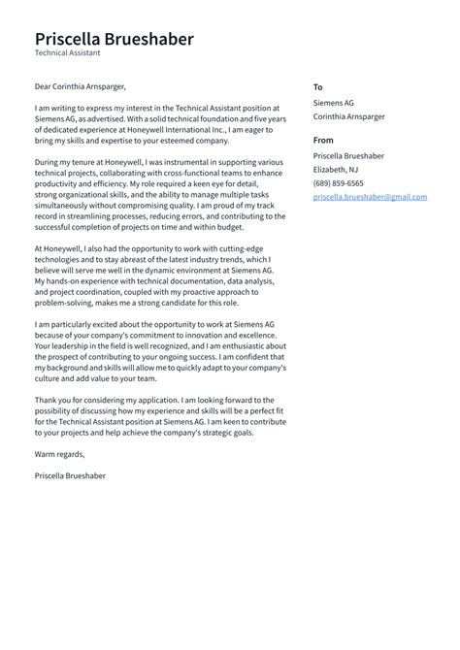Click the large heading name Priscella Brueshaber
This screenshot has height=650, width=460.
click(114, 39)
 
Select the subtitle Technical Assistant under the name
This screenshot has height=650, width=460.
click(67, 54)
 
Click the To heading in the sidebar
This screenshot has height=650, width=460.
click(317, 87)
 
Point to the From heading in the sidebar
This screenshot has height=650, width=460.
click(323, 141)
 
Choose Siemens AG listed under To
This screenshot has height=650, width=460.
click(335, 102)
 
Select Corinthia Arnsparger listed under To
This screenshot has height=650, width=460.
click(348, 116)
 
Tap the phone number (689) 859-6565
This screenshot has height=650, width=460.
click(339, 182)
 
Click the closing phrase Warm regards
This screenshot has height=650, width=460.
click(59, 454)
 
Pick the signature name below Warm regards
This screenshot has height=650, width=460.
click(70, 475)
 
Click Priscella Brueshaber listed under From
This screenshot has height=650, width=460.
click(348, 155)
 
